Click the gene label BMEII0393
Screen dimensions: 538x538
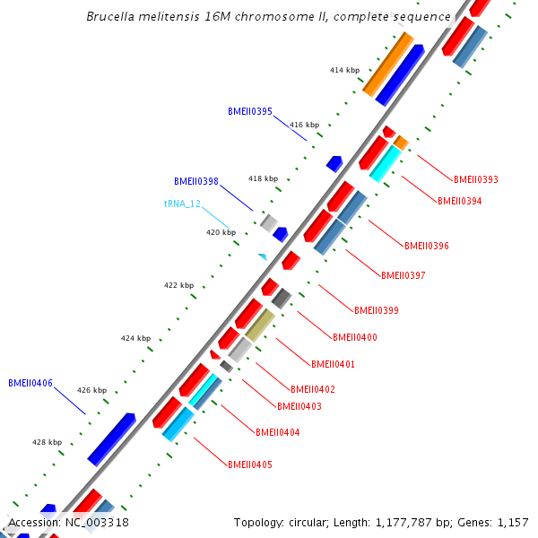[476, 179]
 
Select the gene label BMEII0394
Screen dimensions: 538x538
[459, 201]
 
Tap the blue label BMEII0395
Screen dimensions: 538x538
[250, 111]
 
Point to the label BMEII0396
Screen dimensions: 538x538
[426, 245]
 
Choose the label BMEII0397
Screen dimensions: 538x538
[403, 275]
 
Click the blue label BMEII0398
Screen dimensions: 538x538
[196, 181]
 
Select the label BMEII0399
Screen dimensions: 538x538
[376, 310]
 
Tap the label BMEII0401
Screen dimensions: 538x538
[333, 364]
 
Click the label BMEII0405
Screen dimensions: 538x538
[249, 464]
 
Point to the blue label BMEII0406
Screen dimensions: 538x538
[30, 383]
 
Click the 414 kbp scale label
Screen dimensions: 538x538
[344, 70]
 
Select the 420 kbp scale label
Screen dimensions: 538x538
[221, 232]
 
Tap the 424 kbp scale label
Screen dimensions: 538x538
[136, 338]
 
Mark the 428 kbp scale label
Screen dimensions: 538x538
[47, 442]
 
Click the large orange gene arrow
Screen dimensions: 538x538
[387, 65]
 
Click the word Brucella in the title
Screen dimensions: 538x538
[110, 16]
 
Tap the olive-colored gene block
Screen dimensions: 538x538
[260, 325]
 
